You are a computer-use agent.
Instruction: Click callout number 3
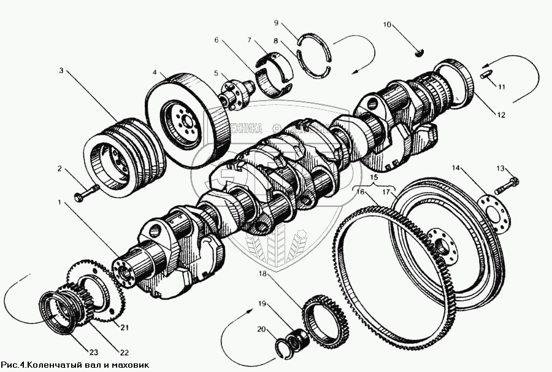pyautogui.click(x=61, y=71)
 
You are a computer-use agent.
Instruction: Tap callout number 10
pyautogui.click(x=387, y=25)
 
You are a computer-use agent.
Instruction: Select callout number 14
pyautogui.click(x=456, y=167)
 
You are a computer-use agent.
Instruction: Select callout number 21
pyautogui.click(x=125, y=327)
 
